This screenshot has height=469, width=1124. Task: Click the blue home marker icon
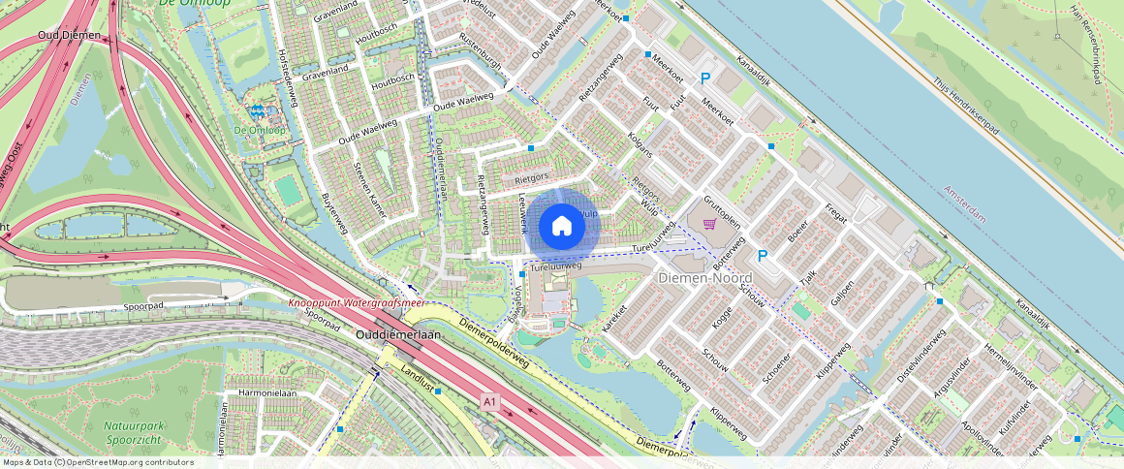point(561,227)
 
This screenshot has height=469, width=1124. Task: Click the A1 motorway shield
point(489,400)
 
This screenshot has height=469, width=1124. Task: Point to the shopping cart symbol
point(709,224)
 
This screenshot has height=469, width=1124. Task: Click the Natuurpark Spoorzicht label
point(137,432)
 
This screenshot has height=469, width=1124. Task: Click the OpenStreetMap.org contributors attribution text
point(126,462)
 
